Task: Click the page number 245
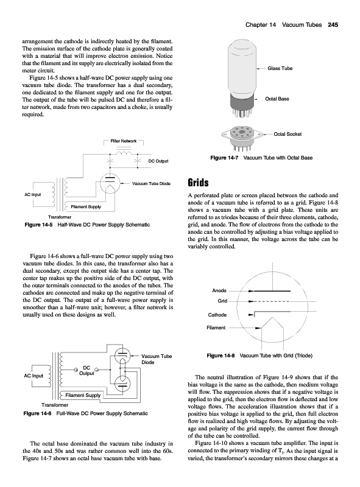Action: (x=333, y=25)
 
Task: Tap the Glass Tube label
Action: (x=280, y=68)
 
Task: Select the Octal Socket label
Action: (x=288, y=134)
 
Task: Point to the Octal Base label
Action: (x=277, y=99)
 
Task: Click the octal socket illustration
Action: (x=242, y=136)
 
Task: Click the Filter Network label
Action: (x=124, y=141)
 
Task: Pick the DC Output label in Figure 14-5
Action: (x=158, y=161)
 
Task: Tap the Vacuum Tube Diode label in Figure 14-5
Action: (x=152, y=184)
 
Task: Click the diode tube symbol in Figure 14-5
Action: (x=110, y=183)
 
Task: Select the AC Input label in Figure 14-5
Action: (x=33, y=194)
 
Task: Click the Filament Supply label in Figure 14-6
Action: (x=83, y=395)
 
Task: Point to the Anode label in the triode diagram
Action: (x=219, y=291)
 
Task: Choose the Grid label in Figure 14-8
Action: (x=222, y=301)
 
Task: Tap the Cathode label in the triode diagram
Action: (x=217, y=315)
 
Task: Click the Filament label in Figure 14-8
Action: (x=216, y=328)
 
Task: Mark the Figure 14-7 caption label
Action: (x=224, y=158)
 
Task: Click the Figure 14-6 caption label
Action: (x=37, y=413)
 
